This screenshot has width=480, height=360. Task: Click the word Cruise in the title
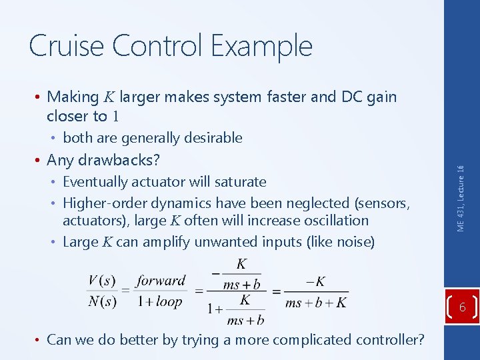pyautogui.click(x=66, y=45)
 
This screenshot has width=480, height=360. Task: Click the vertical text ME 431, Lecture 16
pyautogui.click(x=461, y=198)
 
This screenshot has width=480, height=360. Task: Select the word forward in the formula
pyautogui.click(x=161, y=281)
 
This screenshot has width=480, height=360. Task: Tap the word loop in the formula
pyautogui.click(x=169, y=301)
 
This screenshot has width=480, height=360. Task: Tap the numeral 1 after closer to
pyautogui.click(x=115, y=117)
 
